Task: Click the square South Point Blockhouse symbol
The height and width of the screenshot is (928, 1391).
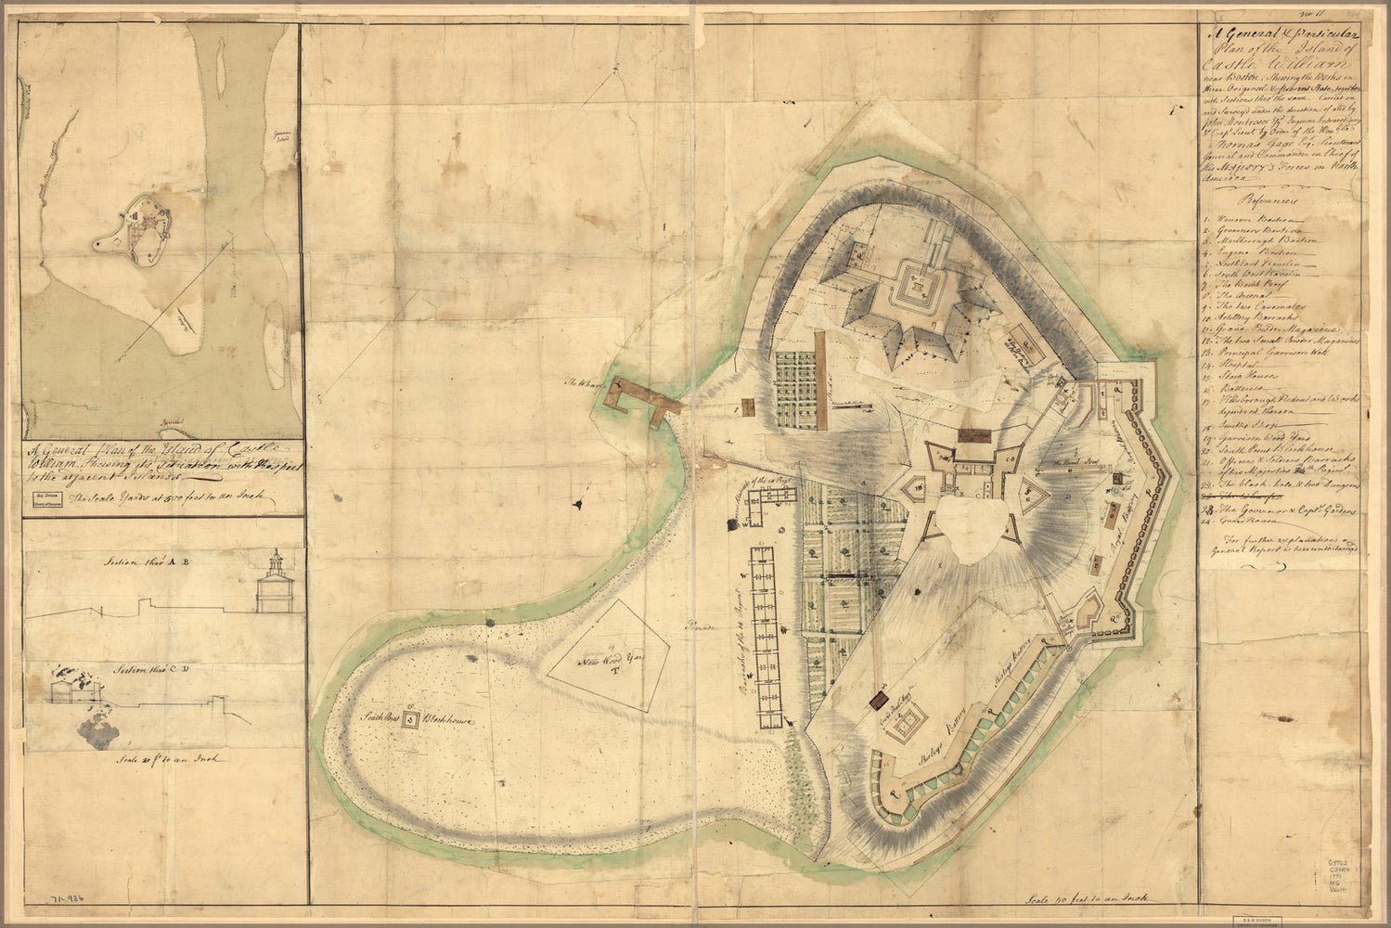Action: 408,721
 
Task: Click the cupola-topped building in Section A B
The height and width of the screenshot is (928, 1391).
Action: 274,585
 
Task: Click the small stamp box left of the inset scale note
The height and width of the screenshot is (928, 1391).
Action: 41,500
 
